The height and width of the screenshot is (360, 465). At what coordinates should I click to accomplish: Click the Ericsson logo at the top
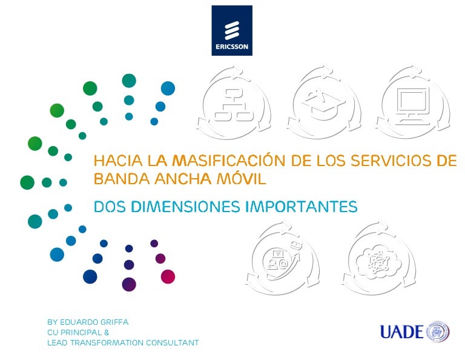232,30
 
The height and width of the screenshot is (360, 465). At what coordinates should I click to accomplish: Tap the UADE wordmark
401,332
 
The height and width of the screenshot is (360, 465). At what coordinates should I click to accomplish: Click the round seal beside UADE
438,331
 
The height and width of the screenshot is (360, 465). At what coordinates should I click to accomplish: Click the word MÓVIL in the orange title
241,179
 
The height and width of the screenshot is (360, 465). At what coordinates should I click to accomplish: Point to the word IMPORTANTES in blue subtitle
302,207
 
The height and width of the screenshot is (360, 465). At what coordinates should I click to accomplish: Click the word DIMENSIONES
185,207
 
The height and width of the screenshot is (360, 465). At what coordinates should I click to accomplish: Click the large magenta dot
168,276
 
